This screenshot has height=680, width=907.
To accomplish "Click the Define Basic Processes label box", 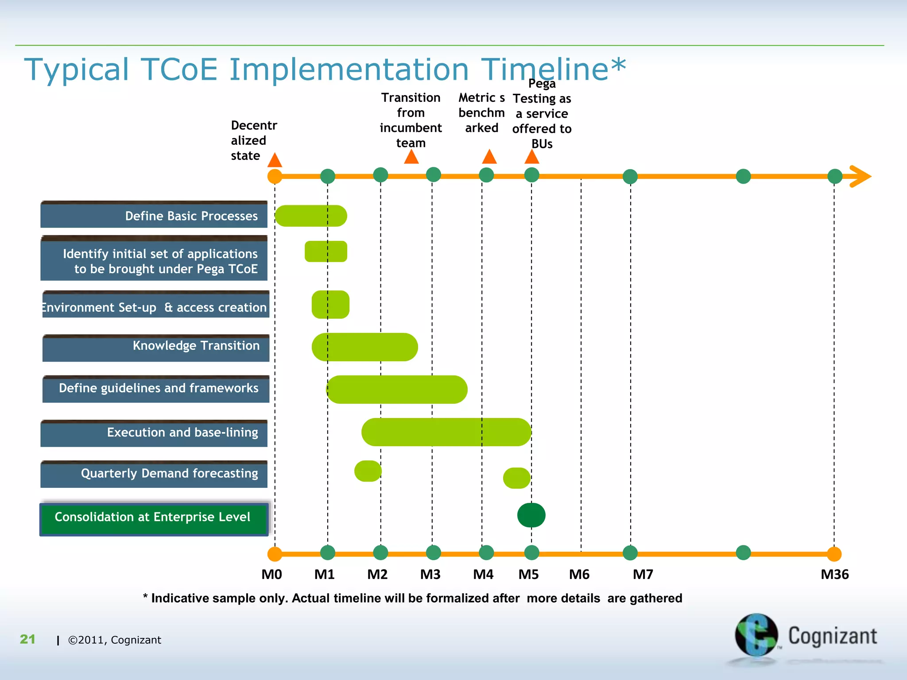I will (x=154, y=215).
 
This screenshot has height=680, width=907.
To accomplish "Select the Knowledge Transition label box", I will (x=155, y=348).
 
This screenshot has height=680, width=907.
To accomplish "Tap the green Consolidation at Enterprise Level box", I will (x=154, y=519).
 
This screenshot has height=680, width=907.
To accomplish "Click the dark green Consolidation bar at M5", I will (x=531, y=515).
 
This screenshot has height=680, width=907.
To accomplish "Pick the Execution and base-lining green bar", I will (x=446, y=432).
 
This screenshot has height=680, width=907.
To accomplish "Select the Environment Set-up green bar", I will (x=330, y=305).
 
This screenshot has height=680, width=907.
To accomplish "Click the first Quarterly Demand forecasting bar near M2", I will (x=368, y=471).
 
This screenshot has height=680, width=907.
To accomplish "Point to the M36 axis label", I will (x=834, y=575).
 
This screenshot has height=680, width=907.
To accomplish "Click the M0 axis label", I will (x=271, y=575).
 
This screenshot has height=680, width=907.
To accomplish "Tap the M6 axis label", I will (x=579, y=575).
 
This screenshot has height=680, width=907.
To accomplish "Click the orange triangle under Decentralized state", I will (x=275, y=160).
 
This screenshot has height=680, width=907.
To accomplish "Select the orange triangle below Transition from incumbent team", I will (x=411, y=157).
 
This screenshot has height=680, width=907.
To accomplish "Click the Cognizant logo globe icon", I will (x=756, y=635).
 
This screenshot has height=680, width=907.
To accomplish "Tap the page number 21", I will (x=27, y=639).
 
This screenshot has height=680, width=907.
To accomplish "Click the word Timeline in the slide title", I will (x=545, y=70).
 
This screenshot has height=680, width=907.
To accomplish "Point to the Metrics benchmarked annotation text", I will (x=481, y=113).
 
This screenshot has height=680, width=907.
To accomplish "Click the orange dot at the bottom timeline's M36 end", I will (x=834, y=554).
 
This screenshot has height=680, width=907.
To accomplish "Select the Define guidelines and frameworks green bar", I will (x=396, y=390).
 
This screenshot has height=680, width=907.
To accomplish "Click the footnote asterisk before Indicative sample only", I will (x=145, y=597).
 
